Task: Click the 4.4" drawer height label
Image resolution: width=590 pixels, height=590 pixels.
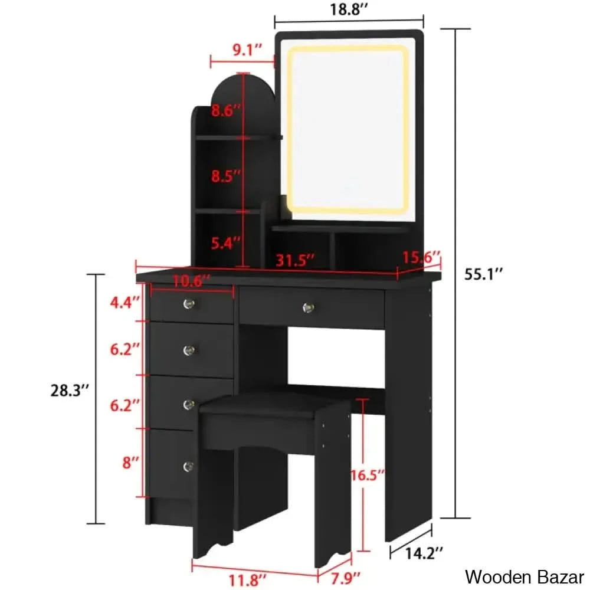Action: tap(124, 303)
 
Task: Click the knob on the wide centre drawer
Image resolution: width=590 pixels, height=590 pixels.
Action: tap(307, 307)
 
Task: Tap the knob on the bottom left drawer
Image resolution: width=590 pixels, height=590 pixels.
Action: tap(187, 466)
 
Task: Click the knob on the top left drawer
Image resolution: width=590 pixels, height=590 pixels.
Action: tap(189, 304)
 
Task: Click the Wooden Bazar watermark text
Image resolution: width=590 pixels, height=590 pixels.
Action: tap(525, 576)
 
